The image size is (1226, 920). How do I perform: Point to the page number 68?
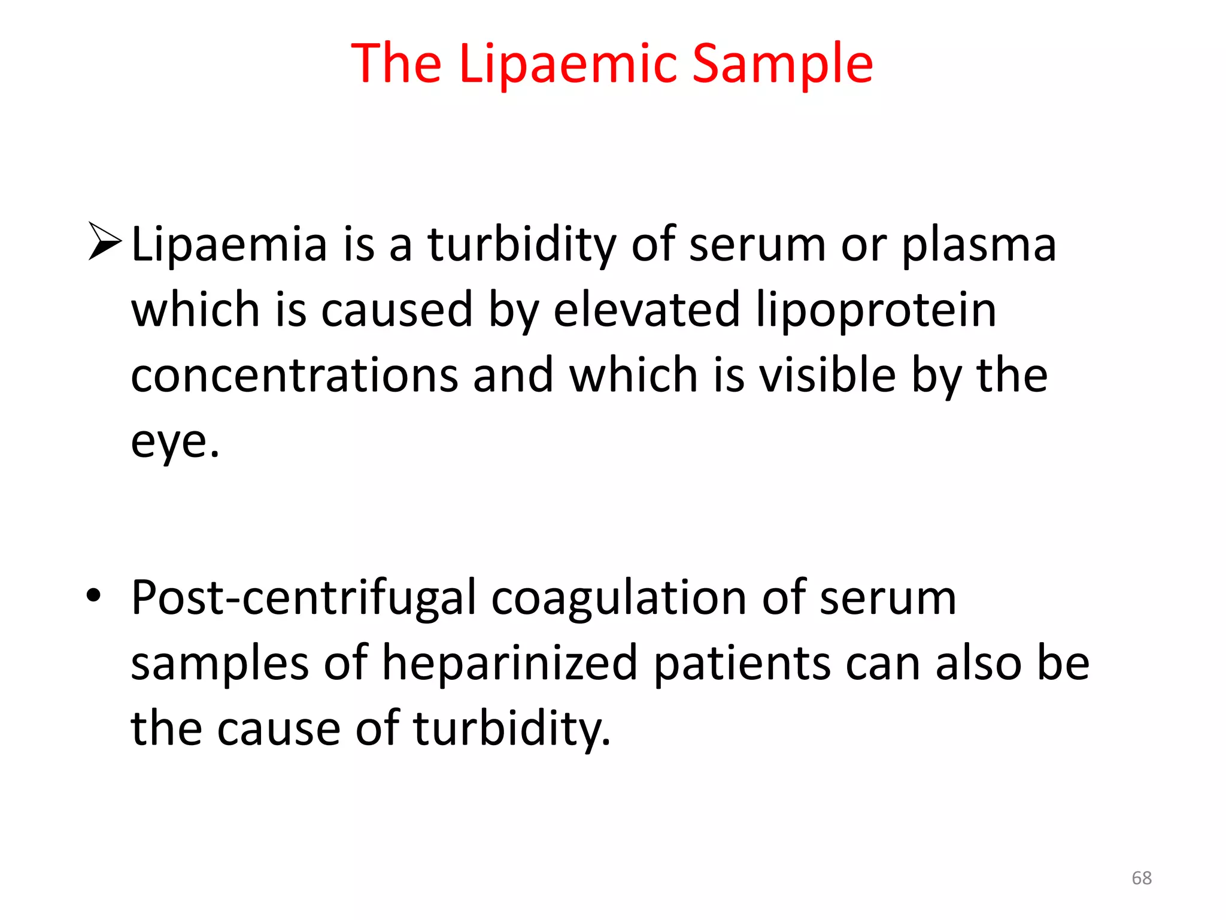1142,878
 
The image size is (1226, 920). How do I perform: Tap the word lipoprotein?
876,310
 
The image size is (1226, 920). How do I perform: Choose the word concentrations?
294,376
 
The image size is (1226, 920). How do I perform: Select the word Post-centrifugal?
304,598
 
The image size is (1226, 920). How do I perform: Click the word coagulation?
618,598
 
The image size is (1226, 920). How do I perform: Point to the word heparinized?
509,663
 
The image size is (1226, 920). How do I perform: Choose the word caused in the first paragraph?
397,310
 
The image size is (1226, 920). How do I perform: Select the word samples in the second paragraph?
219,664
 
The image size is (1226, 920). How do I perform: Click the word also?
978,663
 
